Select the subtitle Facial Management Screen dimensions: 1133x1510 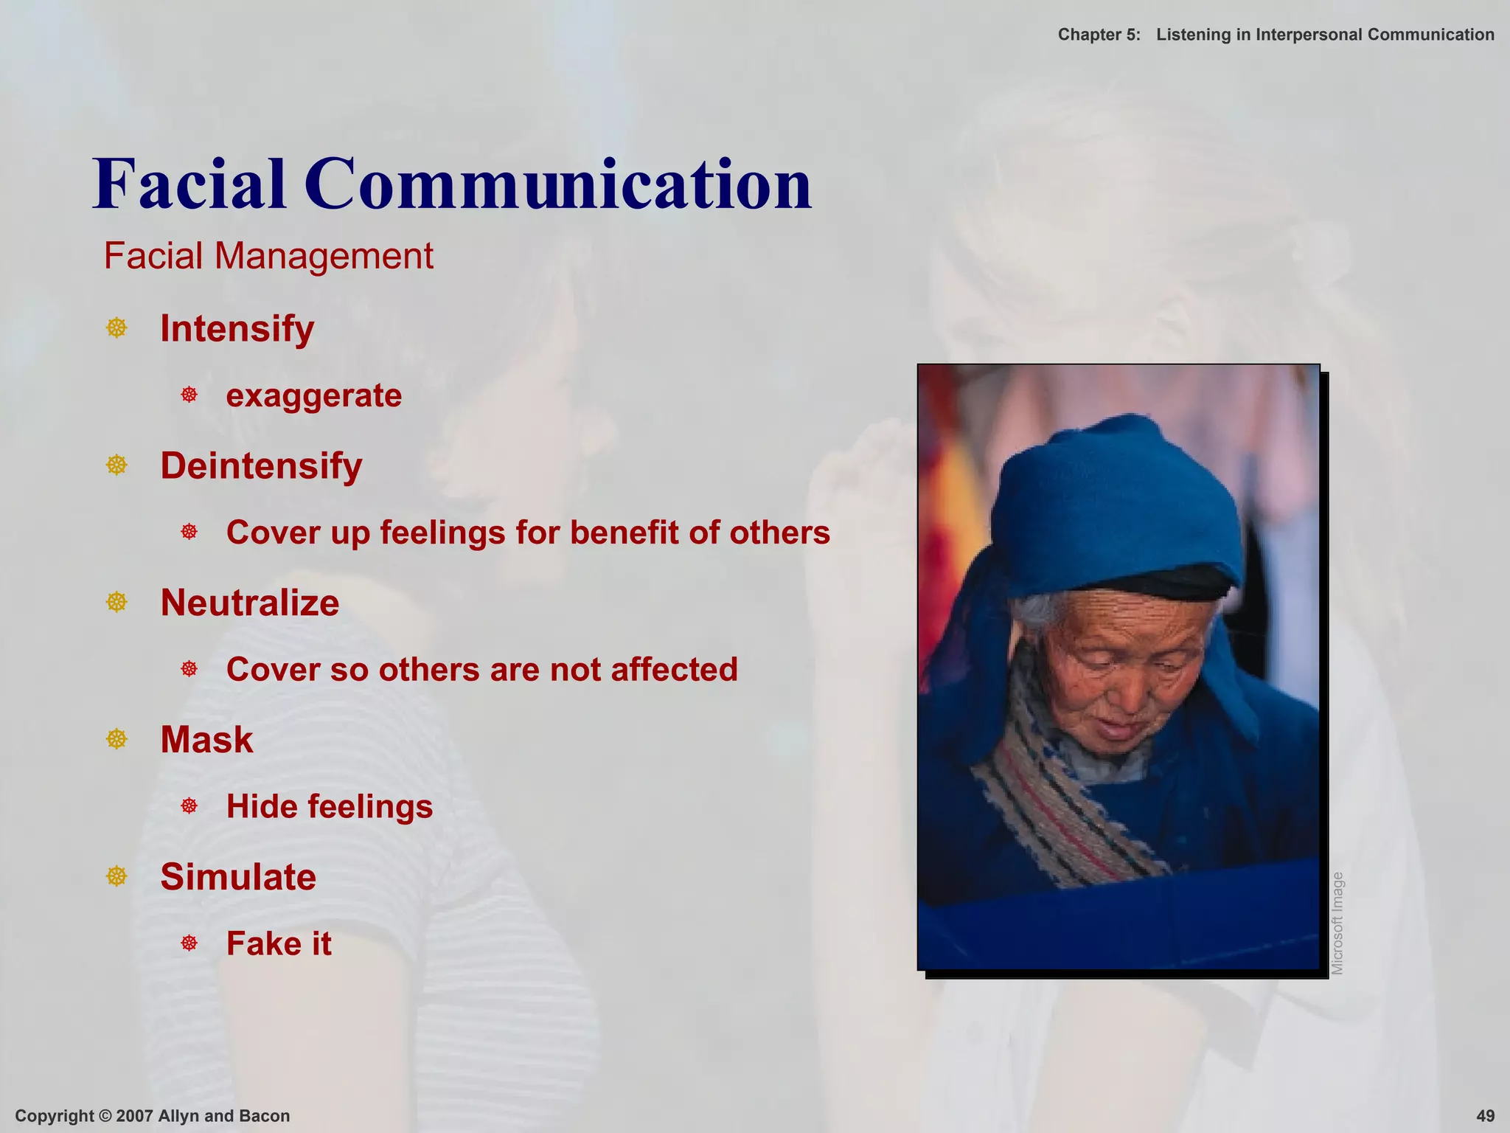pos(268,257)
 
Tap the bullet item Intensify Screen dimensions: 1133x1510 pos(237,328)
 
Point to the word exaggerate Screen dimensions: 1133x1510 pos(314,395)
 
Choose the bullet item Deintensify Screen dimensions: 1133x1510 pos(261,465)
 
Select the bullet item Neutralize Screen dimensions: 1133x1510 pos(250,603)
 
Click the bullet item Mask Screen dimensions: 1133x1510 pos(206,739)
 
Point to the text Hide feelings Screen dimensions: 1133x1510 pos(330,806)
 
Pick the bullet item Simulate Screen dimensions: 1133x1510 pos(238,876)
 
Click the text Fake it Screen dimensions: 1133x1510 pos(279,943)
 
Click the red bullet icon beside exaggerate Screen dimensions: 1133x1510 pos(189,395)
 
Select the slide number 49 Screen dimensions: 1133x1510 pos(1485,1116)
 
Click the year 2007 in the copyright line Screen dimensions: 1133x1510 pos(133,1116)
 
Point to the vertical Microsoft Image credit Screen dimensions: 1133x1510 pos(1337,923)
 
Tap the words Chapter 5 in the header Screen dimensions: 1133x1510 pos(1099,35)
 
